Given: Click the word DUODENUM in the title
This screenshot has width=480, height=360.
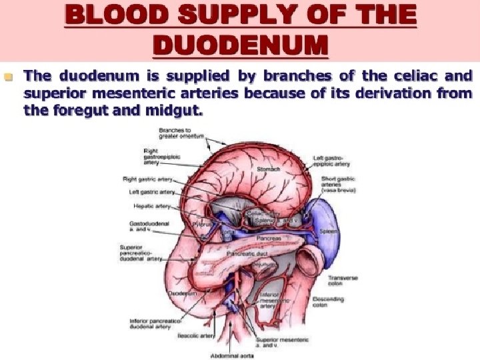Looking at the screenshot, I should point(240,45).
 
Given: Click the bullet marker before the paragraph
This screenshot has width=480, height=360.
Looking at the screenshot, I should point(9,77).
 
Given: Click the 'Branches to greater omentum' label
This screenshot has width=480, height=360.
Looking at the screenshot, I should point(181,132).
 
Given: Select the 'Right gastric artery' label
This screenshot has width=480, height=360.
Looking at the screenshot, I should point(148,179).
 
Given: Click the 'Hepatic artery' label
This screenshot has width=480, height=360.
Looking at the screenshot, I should point(153,206).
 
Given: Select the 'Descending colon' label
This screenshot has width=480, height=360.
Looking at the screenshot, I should point(328,303).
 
